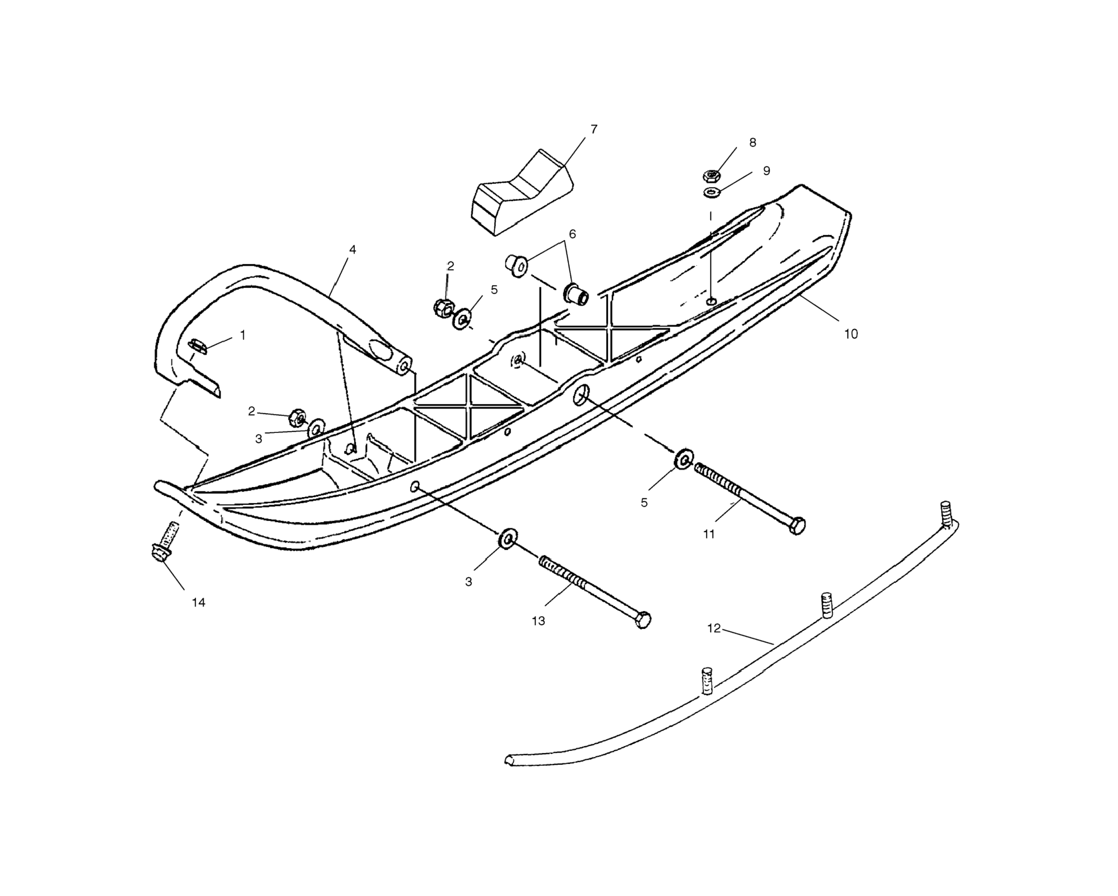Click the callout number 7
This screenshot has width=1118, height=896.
tap(594, 129)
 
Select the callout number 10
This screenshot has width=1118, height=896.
tap(851, 334)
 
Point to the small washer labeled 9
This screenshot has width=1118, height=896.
tap(711, 194)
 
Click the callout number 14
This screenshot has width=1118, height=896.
tap(199, 603)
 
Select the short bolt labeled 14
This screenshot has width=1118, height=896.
tap(165, 542)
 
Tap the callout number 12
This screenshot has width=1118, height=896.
tap(714, 628)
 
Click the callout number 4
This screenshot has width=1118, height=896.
tap(353, 249)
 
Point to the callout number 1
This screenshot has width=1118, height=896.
tap(243, 335)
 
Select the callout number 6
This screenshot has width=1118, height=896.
tap(573, 234)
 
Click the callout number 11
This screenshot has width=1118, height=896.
tap(709, 534)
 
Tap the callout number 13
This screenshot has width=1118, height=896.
tap(538, 620)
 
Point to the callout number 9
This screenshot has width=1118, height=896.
tap(767, 171)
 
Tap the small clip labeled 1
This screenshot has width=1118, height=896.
tap(197, 345)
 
